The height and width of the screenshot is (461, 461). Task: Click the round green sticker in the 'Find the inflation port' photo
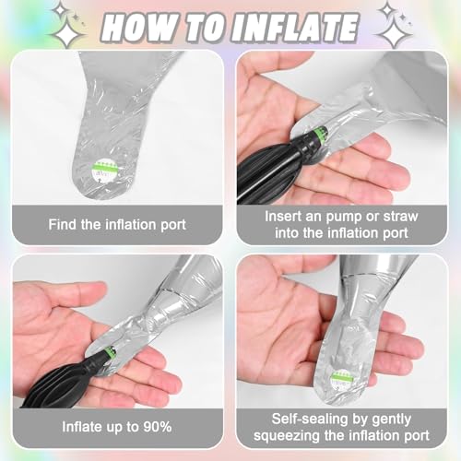[105, 169]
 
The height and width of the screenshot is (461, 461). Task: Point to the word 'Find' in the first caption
[63, 224]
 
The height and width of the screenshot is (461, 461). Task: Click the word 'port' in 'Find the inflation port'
[173, 225]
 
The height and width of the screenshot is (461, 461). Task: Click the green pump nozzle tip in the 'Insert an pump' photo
[322, 135]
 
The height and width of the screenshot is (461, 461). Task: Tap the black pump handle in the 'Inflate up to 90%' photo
[58, 384]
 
